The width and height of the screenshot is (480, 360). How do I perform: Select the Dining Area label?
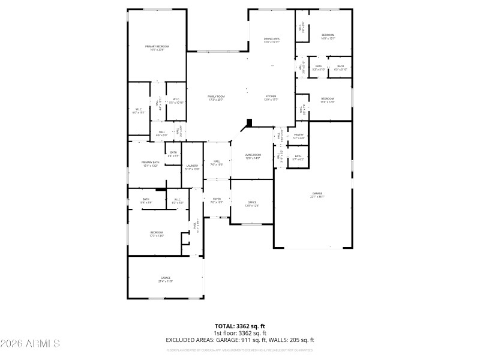(x=272, y=40)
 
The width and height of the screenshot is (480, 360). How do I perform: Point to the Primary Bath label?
(x=151, y=164)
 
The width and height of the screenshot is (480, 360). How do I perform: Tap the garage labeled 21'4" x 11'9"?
(x=165, y=279)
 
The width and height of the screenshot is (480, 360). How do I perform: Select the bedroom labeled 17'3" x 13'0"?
(x=157, y=234)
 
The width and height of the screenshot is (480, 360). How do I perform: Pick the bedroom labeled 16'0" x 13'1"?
(x=328, y=37)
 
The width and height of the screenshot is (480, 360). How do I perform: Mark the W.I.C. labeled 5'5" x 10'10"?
(x=176, y=101)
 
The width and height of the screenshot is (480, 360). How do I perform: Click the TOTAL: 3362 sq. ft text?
(x=240, y=326)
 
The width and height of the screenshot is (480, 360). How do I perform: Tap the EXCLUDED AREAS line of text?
(x=240, y=340)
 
